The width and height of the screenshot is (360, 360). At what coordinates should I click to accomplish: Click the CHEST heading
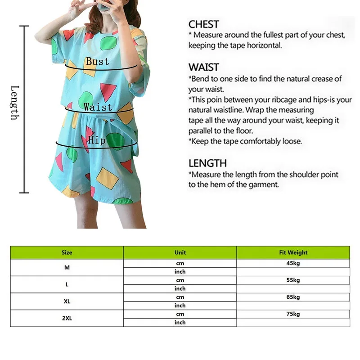point(203,24)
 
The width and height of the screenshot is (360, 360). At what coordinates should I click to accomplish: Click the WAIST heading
point(203,67)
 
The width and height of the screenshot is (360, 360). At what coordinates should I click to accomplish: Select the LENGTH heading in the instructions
point(207,163)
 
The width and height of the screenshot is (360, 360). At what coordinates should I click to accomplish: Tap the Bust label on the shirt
point(98,61)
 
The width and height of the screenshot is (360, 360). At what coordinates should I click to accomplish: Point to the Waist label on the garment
point(98,107)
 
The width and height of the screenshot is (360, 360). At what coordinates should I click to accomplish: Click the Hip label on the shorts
point(96,141)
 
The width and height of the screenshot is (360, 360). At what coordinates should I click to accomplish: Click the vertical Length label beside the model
point(14,103)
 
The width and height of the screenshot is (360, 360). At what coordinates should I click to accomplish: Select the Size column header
point(67,252)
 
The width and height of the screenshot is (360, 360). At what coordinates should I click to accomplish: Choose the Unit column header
point(180,252)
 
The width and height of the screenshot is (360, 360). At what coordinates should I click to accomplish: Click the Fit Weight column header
point(293,252)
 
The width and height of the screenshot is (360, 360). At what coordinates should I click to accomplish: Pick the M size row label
point(67,267)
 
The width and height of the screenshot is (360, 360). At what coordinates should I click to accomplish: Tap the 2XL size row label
point(67,318)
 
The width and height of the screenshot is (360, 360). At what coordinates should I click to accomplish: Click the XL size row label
point(67,301)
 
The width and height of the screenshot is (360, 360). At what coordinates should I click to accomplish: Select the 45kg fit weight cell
point(293,263)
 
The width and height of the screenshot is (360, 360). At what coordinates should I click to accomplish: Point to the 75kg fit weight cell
point(293,314)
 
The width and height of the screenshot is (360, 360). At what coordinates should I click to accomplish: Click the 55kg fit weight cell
point(293,280)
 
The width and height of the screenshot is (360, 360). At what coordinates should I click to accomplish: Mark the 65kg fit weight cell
point(293,297)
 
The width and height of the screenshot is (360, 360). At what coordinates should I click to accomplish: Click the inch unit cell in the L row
point(180,288)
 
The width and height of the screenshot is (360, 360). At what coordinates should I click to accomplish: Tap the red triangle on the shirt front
point(108,90)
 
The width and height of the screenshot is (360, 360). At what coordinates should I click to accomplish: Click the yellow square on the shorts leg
point(108,178)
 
